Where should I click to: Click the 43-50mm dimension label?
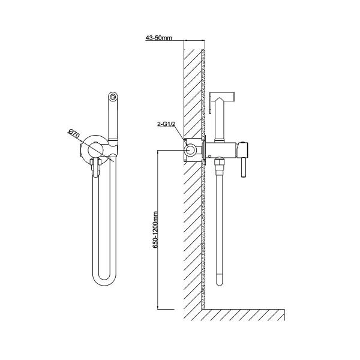coord(158,38)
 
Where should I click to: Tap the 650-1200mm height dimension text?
coord(155,230)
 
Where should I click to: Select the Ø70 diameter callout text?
coord(74,134)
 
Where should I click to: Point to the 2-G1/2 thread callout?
coord(166,124)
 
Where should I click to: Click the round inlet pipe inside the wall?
coord(190,150)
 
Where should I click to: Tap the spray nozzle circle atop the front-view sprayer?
coord(113,96)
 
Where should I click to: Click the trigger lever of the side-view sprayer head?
coord(211,103)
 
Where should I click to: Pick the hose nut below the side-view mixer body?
coord(219,164)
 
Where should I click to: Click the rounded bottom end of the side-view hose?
coord(219,281)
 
